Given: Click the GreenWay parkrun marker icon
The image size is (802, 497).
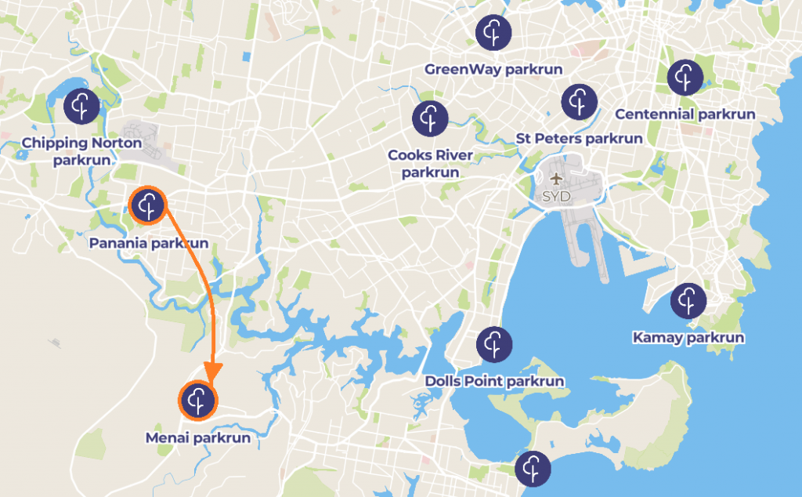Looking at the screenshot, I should click(493, 32).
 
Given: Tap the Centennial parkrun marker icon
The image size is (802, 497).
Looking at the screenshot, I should click(685, 77).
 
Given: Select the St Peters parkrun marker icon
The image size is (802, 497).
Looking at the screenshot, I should click(580, 100).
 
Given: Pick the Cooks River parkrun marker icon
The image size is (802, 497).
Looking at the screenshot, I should click(430, 118).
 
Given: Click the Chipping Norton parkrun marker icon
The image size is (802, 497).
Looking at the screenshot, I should click(81, 106).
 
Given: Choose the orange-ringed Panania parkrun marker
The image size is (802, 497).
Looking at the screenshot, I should click(147, 206).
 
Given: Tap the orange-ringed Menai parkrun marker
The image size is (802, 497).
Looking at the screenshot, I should click(197, 401).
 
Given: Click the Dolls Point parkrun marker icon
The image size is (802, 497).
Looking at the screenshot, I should click(494, 344).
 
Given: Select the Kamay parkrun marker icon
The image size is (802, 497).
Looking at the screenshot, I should click(688, 300).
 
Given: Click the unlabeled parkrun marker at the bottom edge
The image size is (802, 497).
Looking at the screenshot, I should click(533, 469).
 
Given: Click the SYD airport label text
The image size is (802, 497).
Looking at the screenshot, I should click(556, 197).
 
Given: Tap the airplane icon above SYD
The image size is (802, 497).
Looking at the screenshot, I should click(556, 180).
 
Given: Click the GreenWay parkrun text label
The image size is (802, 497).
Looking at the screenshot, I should click(493, 70).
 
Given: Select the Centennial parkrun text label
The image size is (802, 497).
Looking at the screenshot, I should click(685, 114).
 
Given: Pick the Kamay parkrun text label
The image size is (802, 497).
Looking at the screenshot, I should click(688, 338).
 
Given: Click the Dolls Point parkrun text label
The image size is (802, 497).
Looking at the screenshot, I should click(494, 382).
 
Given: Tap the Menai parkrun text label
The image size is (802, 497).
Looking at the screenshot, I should click(198, 438).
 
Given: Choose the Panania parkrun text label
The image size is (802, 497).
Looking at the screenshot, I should click(149, 244).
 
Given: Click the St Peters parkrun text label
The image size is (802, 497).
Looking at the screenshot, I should click(580, 139).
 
